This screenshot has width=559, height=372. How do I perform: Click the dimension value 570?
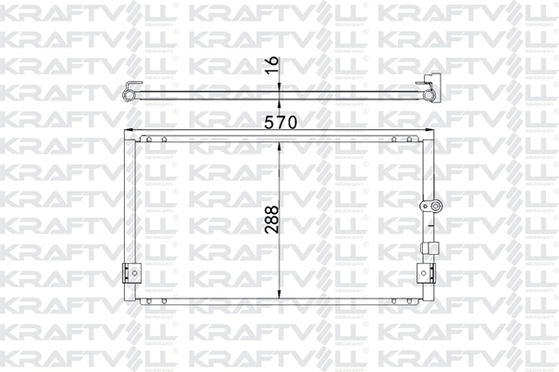(280, 123)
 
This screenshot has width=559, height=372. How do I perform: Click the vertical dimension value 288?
(272, 219)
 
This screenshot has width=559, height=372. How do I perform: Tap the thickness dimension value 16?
(272, 65)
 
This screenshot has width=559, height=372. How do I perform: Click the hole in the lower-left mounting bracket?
(134, 273)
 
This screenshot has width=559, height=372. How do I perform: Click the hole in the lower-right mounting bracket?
(424, 273)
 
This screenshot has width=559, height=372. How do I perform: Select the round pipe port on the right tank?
(435, 206)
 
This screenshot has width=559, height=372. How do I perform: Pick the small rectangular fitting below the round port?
(429, 247)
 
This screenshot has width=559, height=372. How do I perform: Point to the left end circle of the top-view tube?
(128, 95)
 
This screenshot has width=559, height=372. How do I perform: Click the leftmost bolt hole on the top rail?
(149, 139)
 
